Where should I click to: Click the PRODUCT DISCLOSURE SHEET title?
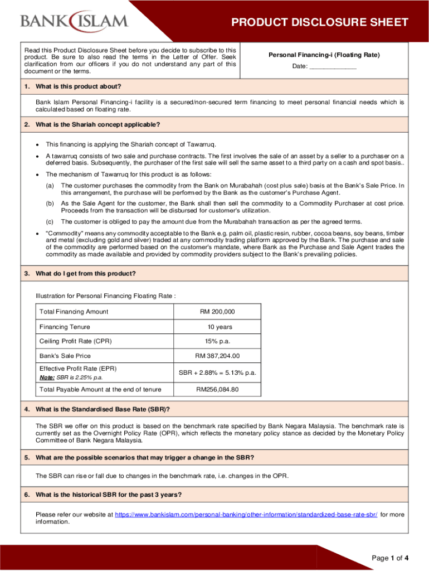pos(320,23)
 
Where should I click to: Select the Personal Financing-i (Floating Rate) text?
pos(324,55)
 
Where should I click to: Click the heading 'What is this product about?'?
pos(78,86)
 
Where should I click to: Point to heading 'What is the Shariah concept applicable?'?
pos(97,124)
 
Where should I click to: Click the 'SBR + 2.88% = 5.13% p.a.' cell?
pos(217,372)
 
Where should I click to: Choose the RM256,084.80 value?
pos(217,389)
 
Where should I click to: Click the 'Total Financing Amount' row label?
pos(74,311)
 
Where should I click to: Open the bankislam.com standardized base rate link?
pos(246,514)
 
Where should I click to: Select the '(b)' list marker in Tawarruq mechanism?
pos(50,204)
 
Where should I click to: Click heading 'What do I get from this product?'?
pos(85,273)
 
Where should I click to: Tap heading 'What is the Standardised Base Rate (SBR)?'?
pos(103,409)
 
